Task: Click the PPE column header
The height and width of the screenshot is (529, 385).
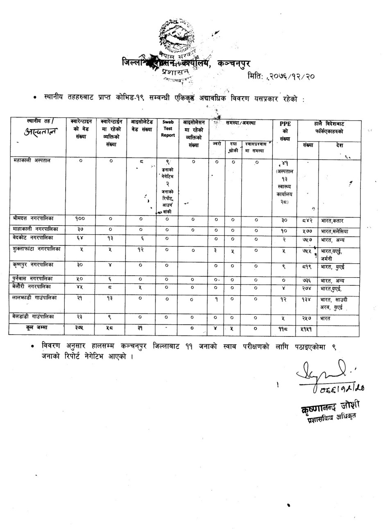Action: [x=285, y=131]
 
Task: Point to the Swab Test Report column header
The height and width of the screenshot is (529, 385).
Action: [x=168, y=128]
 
